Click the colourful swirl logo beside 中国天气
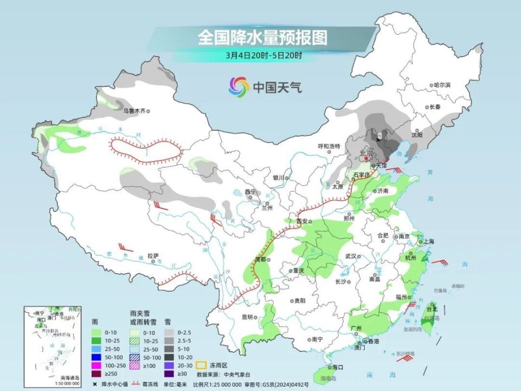[239, 86]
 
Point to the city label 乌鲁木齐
[134, 111]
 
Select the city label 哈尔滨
[442, 85]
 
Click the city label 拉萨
[153, 255]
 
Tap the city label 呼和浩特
[328, 146]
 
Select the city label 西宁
[250, 191]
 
